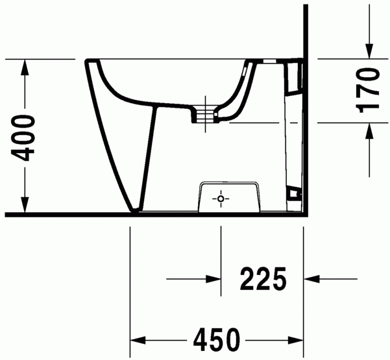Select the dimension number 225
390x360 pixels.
pyautogui.click(x=263, y=280)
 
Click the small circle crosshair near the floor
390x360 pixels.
pyautogui.click(x=221, y=198)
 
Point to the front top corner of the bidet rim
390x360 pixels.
pyautogui.click(x=87, y=61)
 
